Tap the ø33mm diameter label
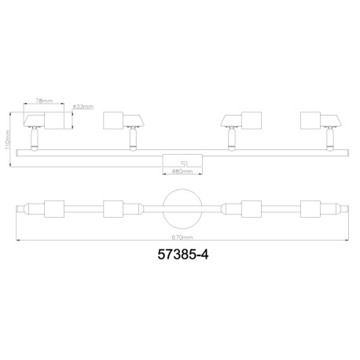[83, 107]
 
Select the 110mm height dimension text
[8, 140]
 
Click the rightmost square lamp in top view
[314, 209]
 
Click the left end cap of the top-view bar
[24, 209]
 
